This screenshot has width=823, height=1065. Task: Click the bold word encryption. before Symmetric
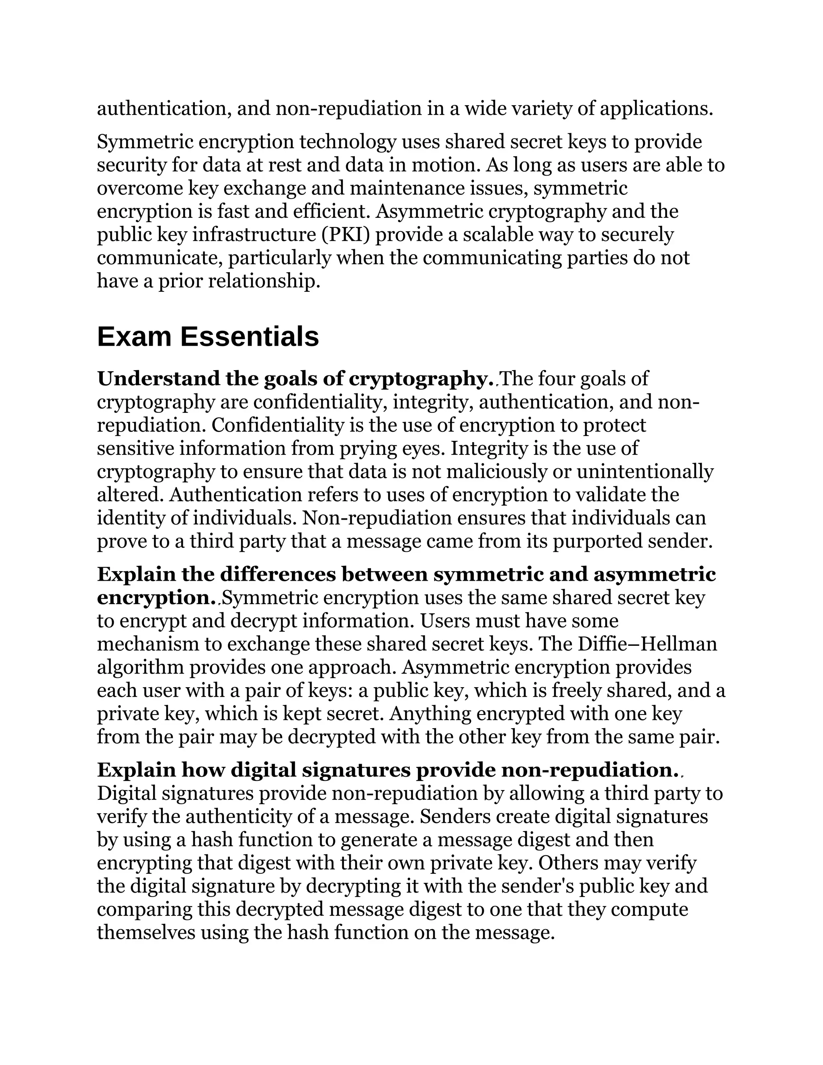pos(156,598)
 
